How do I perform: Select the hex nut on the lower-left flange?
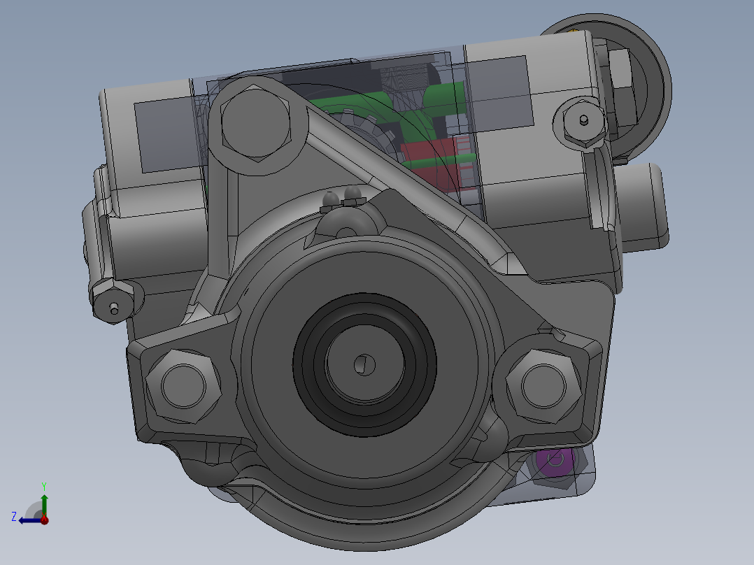183,386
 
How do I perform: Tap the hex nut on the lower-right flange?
543,386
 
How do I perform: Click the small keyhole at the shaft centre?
364,364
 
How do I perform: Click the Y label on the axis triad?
44,486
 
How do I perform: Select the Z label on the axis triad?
14,517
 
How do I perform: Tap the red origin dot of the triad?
44,520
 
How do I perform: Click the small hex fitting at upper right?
583,121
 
